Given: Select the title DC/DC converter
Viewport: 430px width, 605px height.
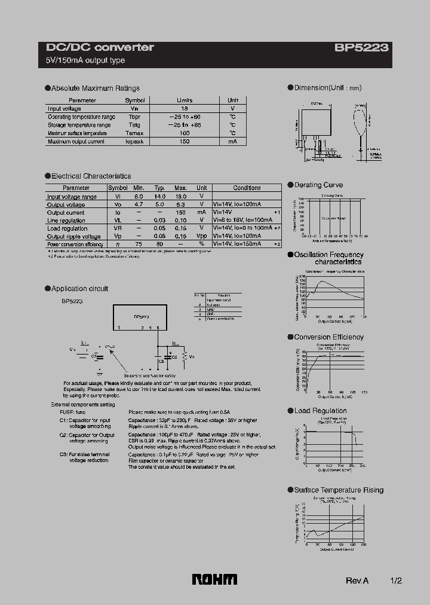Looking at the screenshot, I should tap(100, 47).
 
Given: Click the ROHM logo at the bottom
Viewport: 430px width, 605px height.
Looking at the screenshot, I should tap(214, 579).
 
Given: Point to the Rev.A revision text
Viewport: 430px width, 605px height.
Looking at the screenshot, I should tap(357, 580).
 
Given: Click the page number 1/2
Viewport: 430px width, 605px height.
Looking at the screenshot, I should tap(395, 580).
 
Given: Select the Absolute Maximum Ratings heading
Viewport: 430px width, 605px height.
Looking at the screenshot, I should tap(95, 88).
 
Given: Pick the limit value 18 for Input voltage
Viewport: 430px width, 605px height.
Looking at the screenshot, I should tap(185, 109).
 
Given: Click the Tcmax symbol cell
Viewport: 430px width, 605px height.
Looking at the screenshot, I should tap(134, 133).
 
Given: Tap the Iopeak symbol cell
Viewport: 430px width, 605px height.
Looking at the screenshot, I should tap(134, 142).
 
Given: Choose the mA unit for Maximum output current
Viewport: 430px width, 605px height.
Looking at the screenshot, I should tap(232, 142).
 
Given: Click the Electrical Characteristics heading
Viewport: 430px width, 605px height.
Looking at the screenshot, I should tap(91, 176).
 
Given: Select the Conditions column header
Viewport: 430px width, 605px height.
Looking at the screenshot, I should tap(247, 188).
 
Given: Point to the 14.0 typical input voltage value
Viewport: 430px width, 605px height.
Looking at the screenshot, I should tap(159, 196).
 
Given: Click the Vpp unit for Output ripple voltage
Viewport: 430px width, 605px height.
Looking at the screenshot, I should tap(202, 236).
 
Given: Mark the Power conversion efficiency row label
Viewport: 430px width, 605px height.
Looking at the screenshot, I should tap(75, 245).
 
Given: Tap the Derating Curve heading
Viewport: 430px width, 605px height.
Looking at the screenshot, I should tap(318, 185).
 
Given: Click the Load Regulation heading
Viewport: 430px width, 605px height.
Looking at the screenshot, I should tap(320, 411).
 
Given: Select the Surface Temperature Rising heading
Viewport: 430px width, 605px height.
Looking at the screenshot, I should tap(339, 490).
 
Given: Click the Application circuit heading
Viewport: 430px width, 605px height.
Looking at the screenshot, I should tap(79, 289).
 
